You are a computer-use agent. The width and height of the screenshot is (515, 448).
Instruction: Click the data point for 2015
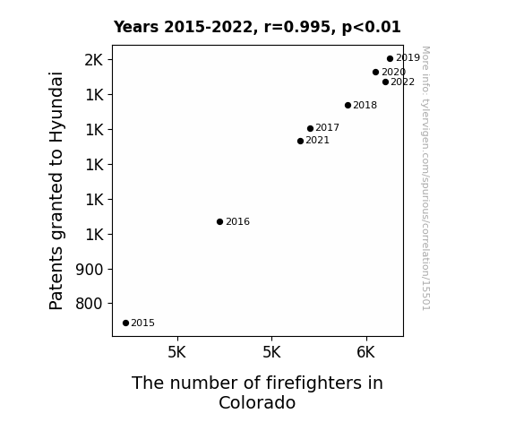125,323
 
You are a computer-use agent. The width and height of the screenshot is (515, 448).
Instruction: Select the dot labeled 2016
219,222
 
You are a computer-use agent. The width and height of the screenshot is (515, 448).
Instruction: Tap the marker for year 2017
310,128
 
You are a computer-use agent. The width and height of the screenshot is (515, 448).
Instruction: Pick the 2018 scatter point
348,105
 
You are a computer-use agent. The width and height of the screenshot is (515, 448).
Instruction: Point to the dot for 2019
390,59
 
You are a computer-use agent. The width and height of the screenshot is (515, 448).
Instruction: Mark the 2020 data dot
376,72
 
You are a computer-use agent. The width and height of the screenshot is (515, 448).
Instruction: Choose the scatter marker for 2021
300,141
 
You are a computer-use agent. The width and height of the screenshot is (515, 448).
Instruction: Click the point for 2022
386,82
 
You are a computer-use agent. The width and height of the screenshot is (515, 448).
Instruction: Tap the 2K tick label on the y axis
94,60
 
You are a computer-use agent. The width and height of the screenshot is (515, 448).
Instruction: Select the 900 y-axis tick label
90,270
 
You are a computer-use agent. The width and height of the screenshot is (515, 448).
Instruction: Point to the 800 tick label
90,304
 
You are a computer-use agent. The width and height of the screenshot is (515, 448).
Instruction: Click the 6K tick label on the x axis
366,352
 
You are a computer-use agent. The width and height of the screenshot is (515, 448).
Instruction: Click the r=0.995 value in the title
297,27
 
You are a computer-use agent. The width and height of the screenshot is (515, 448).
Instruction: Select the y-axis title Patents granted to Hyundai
56,191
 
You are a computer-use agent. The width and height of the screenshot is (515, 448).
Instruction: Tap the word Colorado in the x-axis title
257,402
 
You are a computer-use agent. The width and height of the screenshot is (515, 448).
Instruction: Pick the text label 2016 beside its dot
237,222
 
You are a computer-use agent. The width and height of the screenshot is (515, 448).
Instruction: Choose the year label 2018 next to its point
365,105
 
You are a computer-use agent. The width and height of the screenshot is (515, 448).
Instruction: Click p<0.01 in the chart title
371,27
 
